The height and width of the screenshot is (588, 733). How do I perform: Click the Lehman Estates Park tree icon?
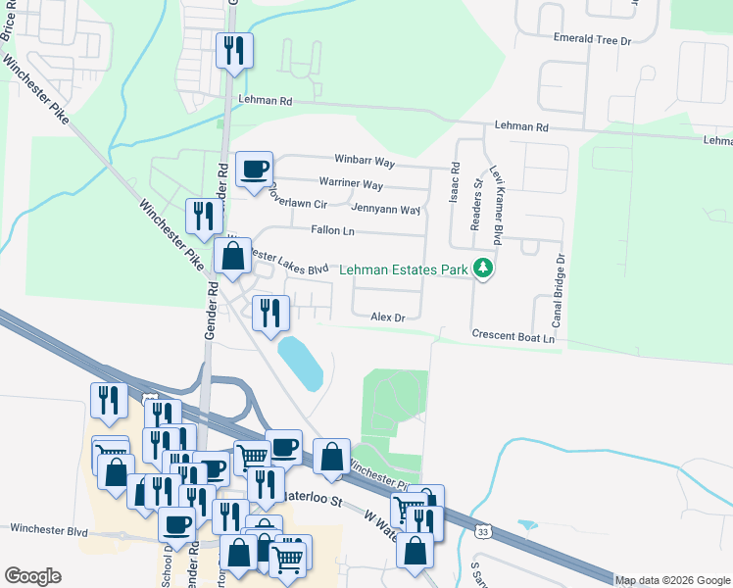[481, 268]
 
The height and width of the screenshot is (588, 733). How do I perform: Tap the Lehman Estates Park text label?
[405, 269]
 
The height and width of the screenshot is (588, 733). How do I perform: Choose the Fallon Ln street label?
[331, 231]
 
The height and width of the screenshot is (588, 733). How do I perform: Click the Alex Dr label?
[387, 317]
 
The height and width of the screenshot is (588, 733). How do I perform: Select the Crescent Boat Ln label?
[513, 336]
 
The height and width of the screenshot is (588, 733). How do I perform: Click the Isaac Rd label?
[455, 183]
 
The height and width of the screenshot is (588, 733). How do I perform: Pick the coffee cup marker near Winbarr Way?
[255, 170]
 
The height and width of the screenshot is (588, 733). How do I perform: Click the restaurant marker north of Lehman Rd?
[234, 50]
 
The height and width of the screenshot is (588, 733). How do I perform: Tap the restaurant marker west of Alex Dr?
[269, 313]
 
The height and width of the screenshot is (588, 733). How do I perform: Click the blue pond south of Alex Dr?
[301, 363]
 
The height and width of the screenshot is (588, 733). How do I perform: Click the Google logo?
[32, 576]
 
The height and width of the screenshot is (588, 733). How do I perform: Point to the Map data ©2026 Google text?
[671, 580]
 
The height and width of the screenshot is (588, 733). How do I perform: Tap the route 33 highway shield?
[481, 531]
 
